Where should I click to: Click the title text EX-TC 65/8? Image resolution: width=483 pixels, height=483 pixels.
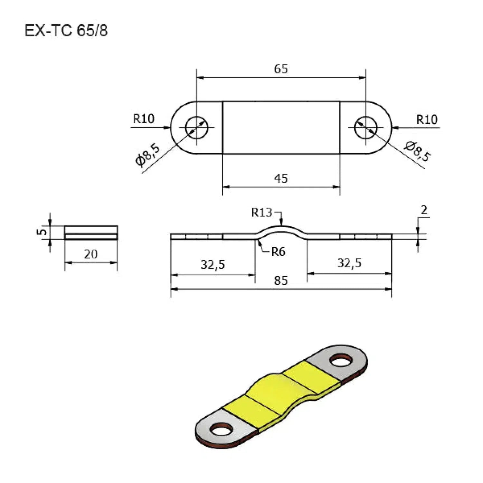(66, 31)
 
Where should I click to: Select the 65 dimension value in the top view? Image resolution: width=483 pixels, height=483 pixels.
(281, 69)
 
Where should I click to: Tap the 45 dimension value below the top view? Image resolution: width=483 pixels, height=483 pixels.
(281, 178)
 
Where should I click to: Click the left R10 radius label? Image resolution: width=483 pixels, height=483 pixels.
(144, 119)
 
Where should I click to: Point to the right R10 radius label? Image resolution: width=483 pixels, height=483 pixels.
(427, 120)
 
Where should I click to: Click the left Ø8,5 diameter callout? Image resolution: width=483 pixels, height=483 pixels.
(148, 156)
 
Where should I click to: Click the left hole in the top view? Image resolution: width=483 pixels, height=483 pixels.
(197, 128)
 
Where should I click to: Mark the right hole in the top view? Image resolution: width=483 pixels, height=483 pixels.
(366, 128)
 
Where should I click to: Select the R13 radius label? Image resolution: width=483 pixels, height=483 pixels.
(261, 213)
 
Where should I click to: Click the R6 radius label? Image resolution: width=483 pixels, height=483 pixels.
(278, 252)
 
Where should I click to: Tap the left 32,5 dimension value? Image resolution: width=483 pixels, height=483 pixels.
(213, 265)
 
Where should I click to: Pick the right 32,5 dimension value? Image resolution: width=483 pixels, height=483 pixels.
(349, 263)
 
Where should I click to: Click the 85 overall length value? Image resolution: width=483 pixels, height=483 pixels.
(281, 281)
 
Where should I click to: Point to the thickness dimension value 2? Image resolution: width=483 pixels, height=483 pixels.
(424, 210)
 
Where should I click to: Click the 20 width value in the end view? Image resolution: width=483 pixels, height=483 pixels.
(91, 254)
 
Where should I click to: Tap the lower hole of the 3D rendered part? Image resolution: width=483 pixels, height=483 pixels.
(221, 429)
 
